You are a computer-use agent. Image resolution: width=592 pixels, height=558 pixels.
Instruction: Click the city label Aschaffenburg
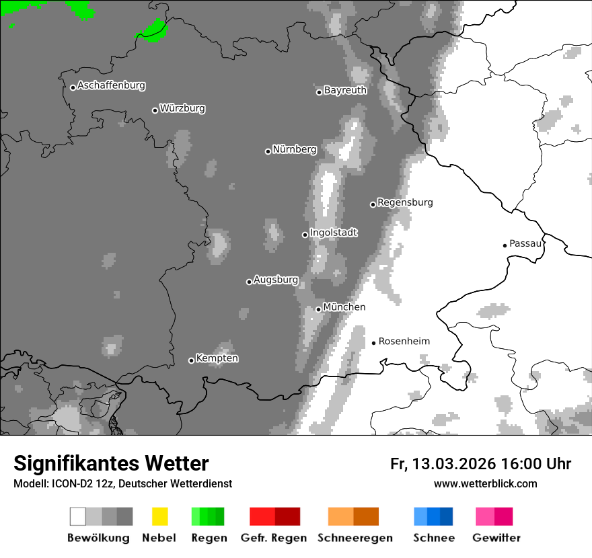(111, 85)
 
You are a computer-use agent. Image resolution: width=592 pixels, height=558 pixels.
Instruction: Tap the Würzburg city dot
(155, 110)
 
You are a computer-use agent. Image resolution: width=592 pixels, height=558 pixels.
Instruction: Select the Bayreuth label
(345, 90)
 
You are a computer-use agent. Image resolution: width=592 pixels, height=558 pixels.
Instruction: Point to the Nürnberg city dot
(268, 151)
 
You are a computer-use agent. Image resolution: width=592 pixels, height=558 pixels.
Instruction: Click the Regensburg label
(405, 202)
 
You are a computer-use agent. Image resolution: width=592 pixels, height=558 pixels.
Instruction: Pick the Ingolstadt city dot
(305, 235)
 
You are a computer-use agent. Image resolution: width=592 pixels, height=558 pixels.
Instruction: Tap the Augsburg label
(276, 280)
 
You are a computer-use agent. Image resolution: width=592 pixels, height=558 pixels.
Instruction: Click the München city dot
(319, 309)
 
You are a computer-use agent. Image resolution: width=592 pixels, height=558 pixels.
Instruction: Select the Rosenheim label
(404, 342)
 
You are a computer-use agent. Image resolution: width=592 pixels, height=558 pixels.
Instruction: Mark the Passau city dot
(505, 245)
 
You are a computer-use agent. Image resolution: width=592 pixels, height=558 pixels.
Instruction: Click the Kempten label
(217, 358)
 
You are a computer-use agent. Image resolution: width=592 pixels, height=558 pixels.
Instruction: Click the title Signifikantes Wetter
(111, 464)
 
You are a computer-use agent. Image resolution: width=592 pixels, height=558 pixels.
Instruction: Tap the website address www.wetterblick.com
(485, 483)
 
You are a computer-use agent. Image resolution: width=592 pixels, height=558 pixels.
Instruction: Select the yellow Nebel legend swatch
(159, 516)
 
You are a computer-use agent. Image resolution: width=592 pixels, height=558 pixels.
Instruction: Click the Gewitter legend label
(496, 538)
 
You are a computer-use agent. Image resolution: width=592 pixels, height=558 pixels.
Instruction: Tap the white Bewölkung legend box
(78, 516)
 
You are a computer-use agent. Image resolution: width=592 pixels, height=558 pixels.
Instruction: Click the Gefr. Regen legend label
(274, 538)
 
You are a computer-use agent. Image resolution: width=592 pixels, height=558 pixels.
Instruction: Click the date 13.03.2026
(454, 464)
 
